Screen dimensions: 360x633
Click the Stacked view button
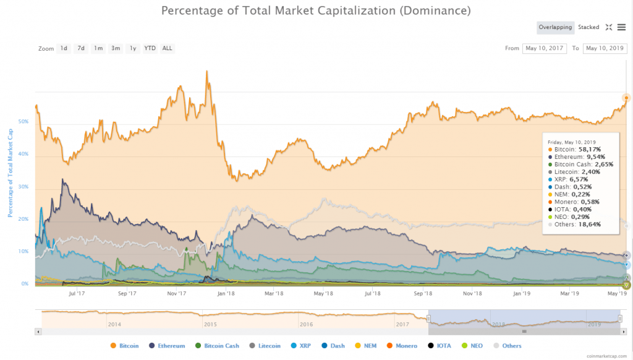coord(588,27)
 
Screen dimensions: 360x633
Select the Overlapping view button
coord(555,27)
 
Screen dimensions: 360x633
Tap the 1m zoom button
coord(98,48)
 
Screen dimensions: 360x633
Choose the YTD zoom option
coord(150,48)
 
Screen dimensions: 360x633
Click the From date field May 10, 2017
coord(544,48)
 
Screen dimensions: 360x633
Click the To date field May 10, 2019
coord(605,48)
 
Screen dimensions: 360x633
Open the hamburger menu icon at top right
coord(621,27)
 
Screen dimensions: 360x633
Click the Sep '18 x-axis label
coord(423,294)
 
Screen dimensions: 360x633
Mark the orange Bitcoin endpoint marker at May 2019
coord(626,98)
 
